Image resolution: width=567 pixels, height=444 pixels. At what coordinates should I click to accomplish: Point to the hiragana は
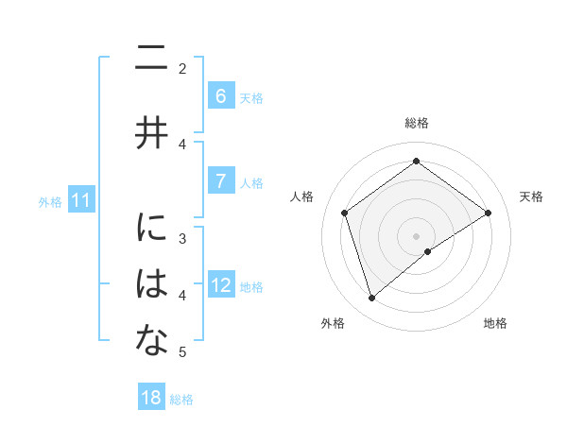click(x=151, y=284)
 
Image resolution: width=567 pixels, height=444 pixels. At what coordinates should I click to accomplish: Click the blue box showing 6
click(x=220, y=95)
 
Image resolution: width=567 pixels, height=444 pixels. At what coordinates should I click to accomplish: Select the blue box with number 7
click(x=220, y=181)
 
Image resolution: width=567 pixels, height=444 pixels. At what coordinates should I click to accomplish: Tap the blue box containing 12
click(x=221, y=285)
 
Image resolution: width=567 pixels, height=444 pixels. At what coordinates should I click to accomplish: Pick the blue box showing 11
click(x=80, y=200)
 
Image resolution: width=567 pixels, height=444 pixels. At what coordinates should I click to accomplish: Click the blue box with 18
click(x=151, y=398)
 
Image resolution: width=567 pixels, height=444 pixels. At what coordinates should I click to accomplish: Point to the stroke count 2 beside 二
click(x=182, y=68)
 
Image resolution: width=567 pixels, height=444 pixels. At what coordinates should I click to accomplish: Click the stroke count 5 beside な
click(x=182, y=352)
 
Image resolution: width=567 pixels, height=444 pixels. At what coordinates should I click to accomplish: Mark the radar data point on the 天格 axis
click(x=488, y=213)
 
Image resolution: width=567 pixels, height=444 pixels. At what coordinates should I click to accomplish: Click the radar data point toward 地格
click(x=428, y=251)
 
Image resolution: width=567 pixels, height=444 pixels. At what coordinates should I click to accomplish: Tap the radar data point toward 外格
click(x=371, y=299)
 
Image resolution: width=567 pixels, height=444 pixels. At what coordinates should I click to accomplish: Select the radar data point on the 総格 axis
click(x=416, y=162)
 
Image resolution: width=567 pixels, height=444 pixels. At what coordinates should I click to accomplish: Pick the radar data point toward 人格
click(x=345, y=213)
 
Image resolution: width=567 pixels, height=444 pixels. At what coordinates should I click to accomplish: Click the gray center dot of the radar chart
click(x=416, y=235)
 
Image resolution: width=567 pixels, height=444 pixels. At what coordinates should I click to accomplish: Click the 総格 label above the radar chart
click(x=416, y=123)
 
